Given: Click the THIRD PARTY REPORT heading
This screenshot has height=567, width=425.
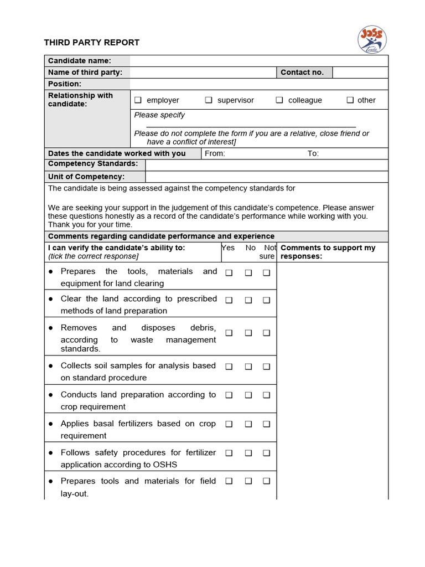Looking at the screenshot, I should point(92,43).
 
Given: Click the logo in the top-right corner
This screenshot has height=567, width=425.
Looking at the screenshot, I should point(372,40).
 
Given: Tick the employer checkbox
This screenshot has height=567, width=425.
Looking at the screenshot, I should point(138,100).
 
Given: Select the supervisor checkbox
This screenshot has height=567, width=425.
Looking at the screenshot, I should point(209,100).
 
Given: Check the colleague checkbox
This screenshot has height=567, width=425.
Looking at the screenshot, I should point(279,100).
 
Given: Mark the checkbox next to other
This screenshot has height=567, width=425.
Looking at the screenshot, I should point(350,100).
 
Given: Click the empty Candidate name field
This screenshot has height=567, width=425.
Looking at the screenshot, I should point(258,61).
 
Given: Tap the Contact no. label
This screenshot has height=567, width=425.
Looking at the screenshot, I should point(302,73).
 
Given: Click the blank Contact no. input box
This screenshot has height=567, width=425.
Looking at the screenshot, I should point(360,73).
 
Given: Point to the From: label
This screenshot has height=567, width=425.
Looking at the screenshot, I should point(215,153).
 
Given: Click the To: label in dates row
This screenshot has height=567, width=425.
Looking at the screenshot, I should point(313,153).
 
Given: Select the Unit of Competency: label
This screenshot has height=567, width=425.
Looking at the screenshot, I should point(86,177).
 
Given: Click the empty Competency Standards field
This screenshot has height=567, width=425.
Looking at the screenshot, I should point(266,164).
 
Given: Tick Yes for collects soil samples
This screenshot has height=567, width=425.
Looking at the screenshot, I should point(229,367).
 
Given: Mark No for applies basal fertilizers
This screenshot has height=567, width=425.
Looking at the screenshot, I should point(248,424).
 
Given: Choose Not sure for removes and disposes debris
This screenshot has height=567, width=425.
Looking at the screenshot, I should point(266,333).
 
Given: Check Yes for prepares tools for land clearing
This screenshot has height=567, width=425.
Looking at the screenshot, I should point(229,273).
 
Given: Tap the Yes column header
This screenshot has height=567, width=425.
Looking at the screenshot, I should point(229,248).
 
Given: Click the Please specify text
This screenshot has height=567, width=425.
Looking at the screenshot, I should point(159,115).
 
